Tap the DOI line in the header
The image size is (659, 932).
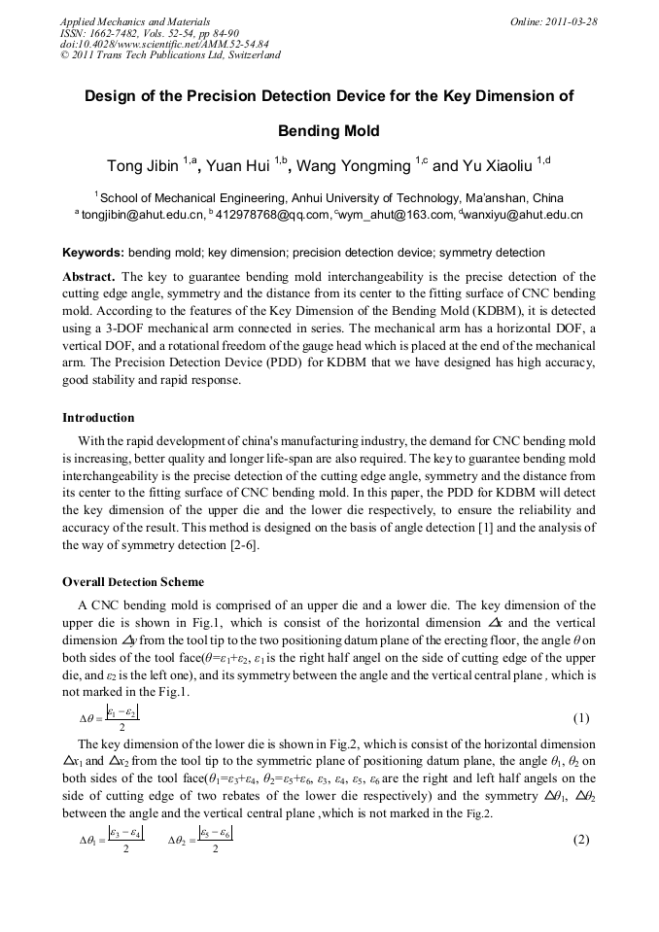tap(164, 44)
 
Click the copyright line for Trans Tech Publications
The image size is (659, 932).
tap(170, 55)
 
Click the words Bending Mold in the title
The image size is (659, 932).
tap(329, 130)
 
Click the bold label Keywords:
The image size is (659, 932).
tap(93, 253)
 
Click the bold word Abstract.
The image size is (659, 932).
tap(88, 277)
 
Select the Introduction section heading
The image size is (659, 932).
tap(98, 418)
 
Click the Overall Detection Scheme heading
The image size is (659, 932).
tap(133, 582)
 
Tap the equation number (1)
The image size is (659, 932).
tap(581, 718)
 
